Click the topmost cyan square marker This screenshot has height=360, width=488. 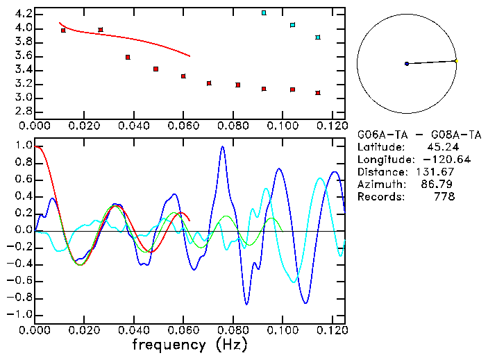point(264,12)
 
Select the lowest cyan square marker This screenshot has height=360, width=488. point(318,37)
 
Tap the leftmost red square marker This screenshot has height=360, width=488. point(63,31)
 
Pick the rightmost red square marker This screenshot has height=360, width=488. point(318,92)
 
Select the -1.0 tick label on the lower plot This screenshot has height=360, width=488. point(21,314)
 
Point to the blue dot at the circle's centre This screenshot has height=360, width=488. point(407,64)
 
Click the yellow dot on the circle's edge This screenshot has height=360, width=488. point(455,61)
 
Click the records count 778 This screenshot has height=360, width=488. point(445,197)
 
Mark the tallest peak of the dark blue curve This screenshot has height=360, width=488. point(222,146)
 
